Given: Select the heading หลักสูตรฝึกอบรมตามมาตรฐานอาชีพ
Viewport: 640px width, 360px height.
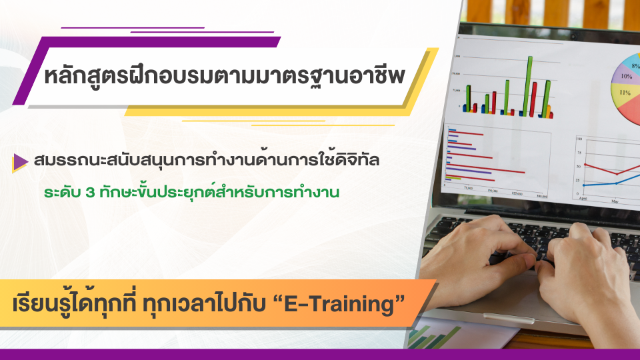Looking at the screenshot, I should click(224, 76).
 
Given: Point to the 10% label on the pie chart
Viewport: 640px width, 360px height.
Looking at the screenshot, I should click(626, 77).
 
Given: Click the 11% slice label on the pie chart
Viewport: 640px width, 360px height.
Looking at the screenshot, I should click(625, 93).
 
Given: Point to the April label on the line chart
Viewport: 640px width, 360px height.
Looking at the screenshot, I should click(583, 199).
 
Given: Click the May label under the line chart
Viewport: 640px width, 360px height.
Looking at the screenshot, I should click(615, 200).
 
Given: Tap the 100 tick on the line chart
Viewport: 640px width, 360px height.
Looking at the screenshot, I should click(578, 139).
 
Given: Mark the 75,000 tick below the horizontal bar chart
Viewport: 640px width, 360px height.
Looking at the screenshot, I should click(467, 189).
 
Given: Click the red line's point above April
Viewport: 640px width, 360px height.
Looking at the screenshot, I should click(585, 163).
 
